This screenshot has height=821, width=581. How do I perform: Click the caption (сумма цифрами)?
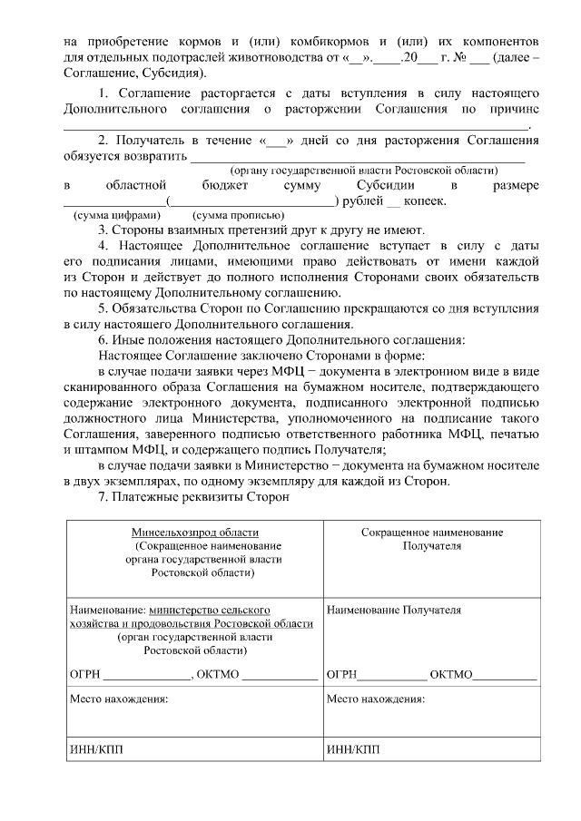click(114, 216)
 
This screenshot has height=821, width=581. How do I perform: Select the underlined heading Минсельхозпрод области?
click(192, 533)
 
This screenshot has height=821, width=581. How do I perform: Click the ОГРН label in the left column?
click(86, 675)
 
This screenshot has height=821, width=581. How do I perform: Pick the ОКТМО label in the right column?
click(450, 675)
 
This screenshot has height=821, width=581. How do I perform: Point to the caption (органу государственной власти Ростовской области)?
click(363, 171)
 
